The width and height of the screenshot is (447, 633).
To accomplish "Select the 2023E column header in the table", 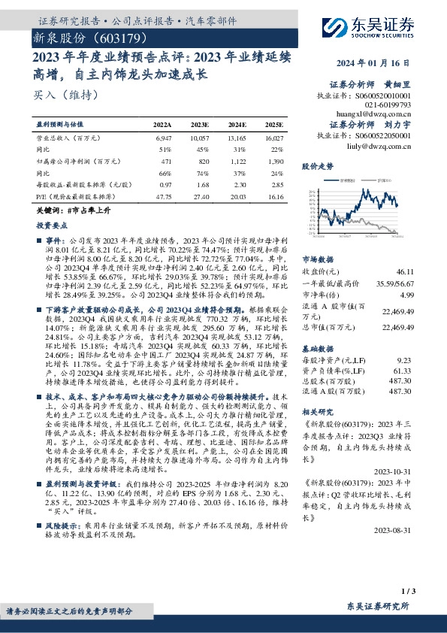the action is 200,125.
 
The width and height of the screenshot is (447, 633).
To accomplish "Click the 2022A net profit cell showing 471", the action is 167,161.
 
